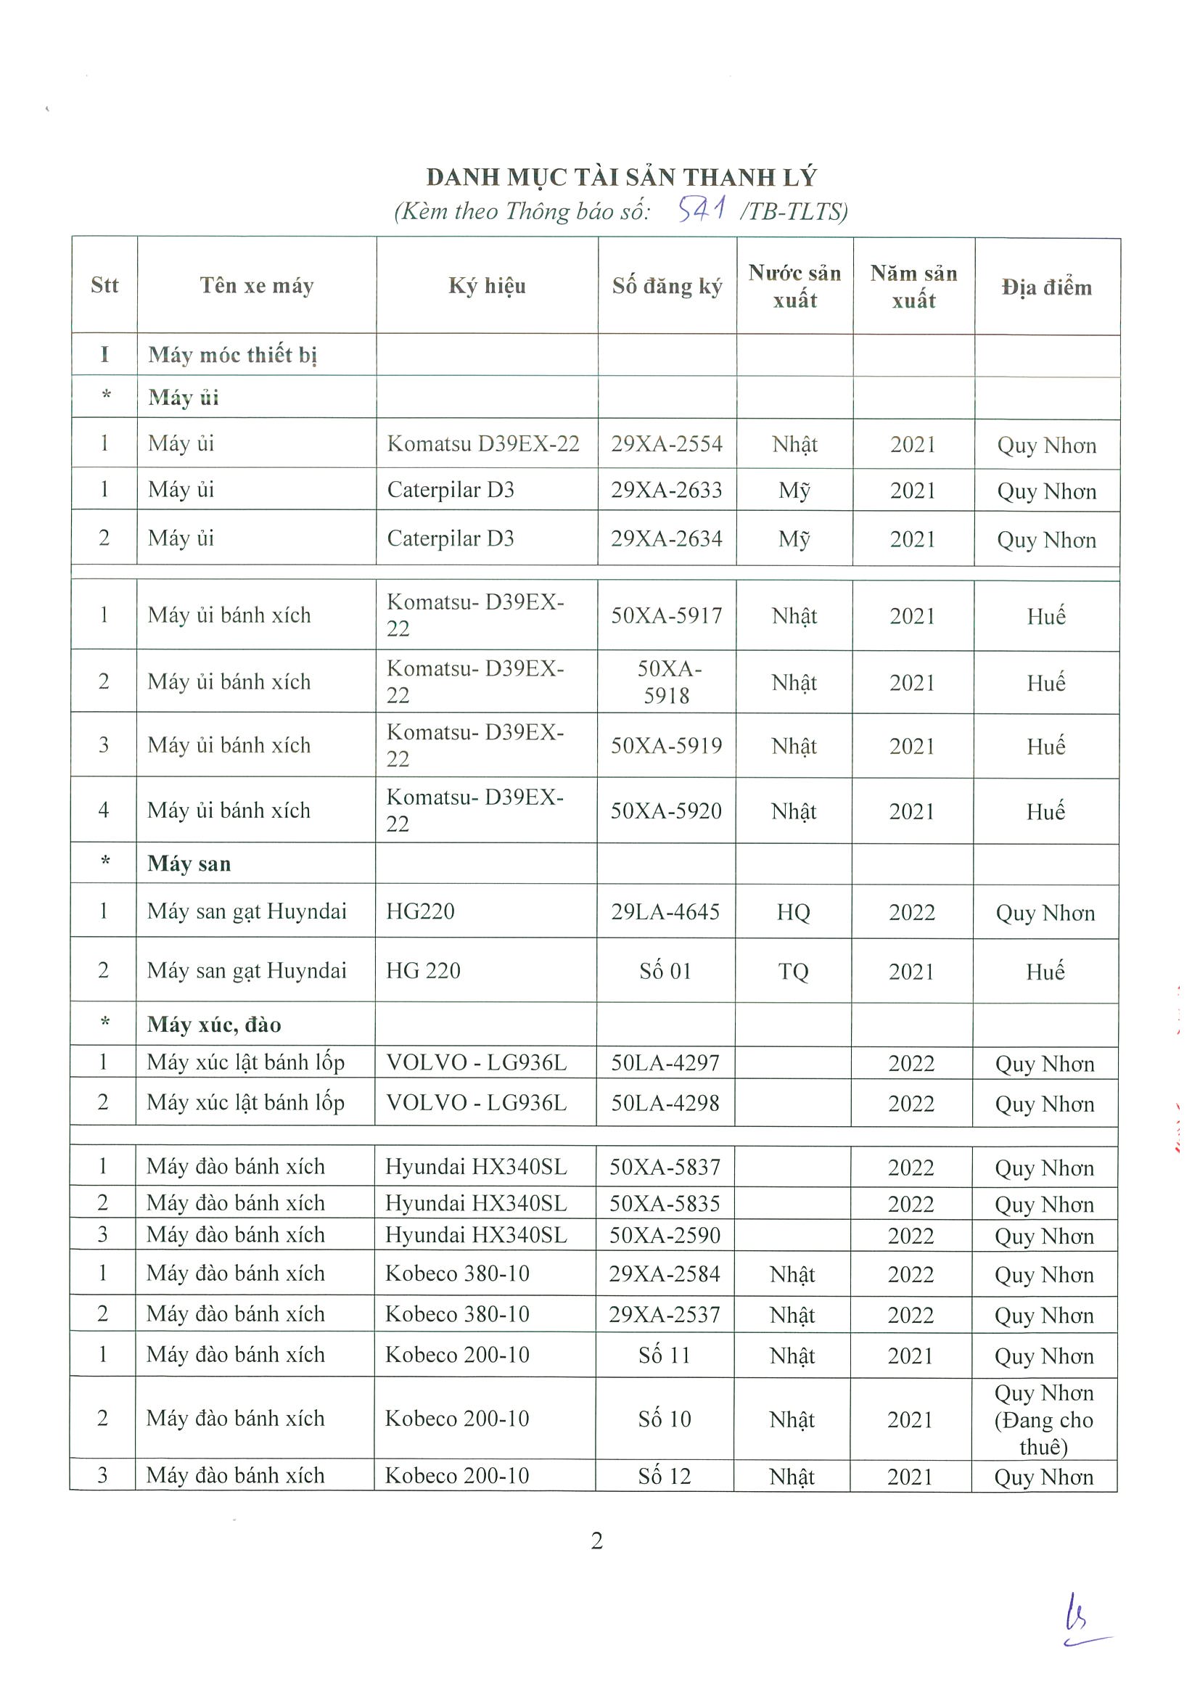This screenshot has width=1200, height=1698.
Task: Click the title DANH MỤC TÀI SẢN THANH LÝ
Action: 621,178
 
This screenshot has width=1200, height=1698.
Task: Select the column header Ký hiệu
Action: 487,286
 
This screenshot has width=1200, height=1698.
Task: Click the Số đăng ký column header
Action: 666,286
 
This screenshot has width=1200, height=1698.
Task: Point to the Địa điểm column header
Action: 1046,287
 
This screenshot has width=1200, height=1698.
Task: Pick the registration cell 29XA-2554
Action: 666,443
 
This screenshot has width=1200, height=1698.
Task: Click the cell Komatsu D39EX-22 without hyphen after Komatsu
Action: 482,443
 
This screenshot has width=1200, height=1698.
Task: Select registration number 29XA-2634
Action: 666,538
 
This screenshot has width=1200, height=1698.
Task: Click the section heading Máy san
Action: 189,864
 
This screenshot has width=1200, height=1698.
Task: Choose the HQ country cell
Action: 793,913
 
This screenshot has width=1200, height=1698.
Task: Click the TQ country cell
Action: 793,971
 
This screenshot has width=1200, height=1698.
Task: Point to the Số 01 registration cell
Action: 665,971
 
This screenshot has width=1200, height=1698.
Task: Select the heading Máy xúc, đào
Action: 214,1025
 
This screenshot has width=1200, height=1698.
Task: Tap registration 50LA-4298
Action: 665,1104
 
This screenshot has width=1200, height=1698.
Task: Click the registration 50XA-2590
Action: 665,1235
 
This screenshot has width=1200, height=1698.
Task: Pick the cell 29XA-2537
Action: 664,1314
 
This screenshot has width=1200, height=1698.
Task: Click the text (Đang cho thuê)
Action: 1043,1433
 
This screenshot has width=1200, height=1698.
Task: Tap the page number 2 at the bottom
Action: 596,1541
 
